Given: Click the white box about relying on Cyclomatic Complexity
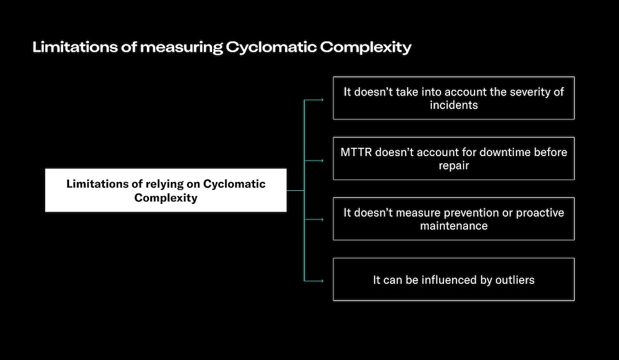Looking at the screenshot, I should [166, 190].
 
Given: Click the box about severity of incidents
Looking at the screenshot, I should [453, 98].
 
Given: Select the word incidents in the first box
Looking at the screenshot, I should [453, 105].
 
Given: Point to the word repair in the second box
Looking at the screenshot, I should [453, 165].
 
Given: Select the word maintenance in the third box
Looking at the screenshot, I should [453, 226].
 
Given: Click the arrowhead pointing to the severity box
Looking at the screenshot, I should [322, 100].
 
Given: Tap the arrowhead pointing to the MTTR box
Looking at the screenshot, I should [322, 160].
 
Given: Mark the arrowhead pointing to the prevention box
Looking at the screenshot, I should [322, 220].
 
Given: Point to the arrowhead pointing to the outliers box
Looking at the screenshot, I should [322, 280].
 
